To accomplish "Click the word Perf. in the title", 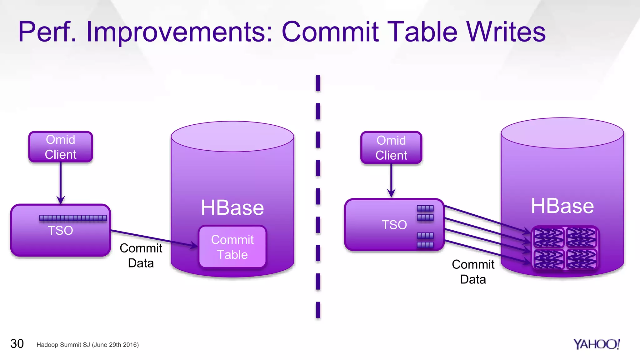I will tap(47, 32).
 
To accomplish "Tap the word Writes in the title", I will tap(506, 32).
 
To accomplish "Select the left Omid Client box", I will tap(61, 147).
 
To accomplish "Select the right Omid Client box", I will tap(391, 148).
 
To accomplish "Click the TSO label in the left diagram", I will tap(60, 231).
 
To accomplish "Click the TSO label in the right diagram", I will tap(394, 225).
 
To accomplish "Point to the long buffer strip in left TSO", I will tap(73, 218).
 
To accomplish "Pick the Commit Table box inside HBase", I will tap(232, 247).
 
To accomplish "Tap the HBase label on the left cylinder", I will tap(232, 208).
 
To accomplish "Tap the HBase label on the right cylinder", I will tap(562, 206).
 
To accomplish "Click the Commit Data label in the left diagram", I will tap(141, 256).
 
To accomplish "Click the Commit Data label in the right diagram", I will tap(473, 272).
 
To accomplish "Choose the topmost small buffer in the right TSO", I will tap(425, 208).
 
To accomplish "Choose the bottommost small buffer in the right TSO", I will tap(425, 245).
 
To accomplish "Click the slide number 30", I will tap(17, 344).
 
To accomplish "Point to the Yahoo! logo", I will tap(596, 344).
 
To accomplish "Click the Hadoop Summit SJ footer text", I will tap(87, 345).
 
